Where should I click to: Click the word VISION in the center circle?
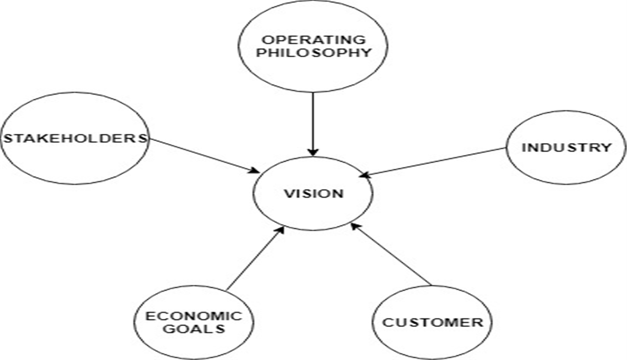click(314, 194)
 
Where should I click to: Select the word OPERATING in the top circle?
click(314, 40)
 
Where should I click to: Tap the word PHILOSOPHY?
click(314, 52)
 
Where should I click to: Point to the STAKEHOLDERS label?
click(75, 138)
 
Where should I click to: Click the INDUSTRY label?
click(567, 148)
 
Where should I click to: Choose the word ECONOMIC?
click(194, 316)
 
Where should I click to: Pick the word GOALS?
click(194, 329)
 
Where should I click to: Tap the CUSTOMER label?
click(433, 322)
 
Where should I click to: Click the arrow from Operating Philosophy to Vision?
click(313, 124)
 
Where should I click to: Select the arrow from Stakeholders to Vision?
click(204, 156)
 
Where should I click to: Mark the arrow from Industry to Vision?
click(433, 162)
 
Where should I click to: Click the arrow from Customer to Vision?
click(391, 254)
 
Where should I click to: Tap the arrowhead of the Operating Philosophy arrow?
click(313, 152)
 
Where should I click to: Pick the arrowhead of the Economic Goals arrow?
click(281, 230)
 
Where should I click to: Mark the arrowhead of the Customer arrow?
click(354, 226)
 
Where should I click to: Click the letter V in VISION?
click(289, 194)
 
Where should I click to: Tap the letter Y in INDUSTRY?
click(606, 148)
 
